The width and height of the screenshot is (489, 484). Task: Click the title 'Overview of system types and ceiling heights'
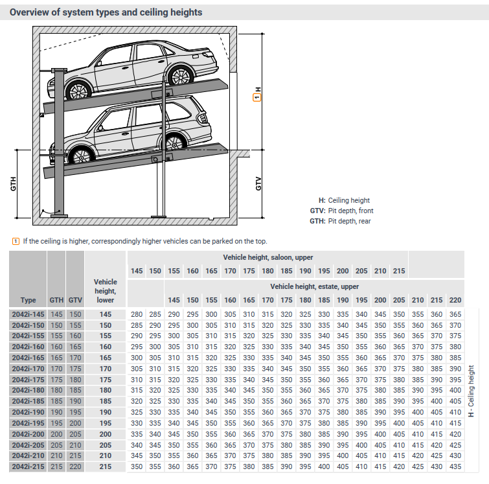(106, 12)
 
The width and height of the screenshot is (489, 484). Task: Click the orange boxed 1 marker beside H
(257, 98)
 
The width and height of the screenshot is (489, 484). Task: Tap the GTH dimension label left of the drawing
(13, 184)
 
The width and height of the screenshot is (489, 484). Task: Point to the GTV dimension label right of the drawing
(258, 183)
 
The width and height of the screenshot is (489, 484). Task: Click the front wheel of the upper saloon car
(177, 76)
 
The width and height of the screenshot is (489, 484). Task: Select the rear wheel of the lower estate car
(80, 156)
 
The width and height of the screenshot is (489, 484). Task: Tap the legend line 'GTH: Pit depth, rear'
(340, 222)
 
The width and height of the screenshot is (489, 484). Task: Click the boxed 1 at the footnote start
(16, 242)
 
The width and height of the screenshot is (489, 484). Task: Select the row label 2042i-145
(28, 314)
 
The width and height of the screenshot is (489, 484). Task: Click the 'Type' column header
(28, 300)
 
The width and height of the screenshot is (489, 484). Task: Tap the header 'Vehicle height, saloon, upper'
(268, 258)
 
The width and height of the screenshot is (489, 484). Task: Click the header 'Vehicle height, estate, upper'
(314, 286)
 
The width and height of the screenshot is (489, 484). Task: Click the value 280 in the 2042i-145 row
(137, 314)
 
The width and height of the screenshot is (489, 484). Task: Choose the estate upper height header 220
(455, 300)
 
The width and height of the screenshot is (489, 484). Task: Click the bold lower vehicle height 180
(106, 391)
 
